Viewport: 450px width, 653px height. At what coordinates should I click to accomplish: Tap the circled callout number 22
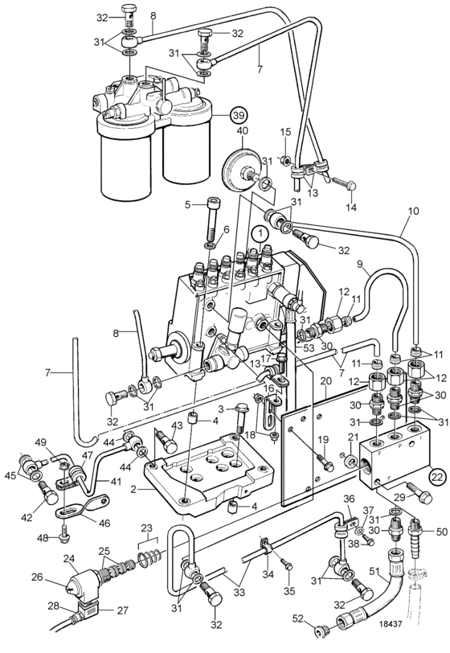coord(437,477)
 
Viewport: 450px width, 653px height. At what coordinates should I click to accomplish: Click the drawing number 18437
coord(391,624)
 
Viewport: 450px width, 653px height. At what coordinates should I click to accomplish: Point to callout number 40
coord(242,131)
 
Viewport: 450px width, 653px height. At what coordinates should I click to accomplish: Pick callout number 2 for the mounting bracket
coord(133,490)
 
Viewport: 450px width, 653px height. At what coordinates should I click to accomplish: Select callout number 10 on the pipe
coord(413,212)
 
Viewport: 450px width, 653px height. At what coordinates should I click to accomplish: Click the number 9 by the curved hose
coord(360,263)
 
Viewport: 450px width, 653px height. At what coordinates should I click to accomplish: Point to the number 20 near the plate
coord(326,381)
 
